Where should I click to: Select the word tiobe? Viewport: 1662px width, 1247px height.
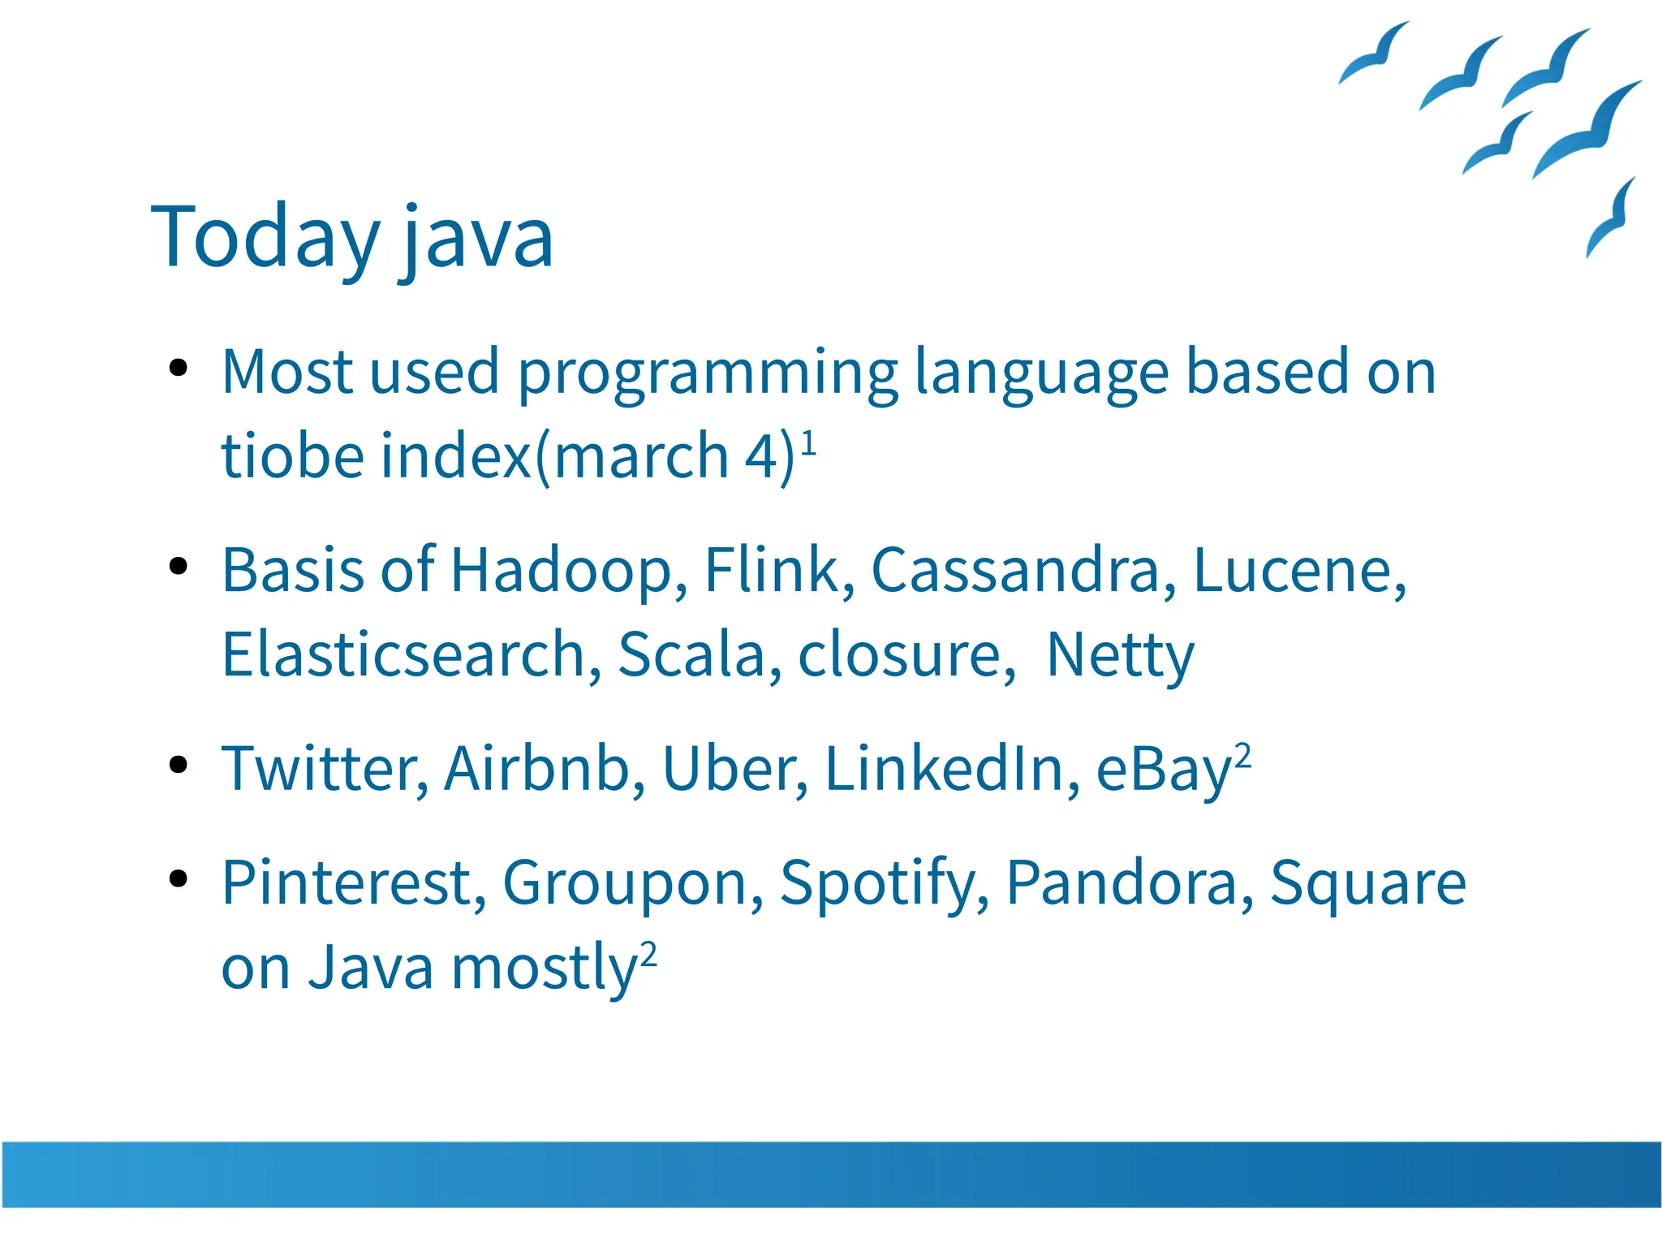[292, 456]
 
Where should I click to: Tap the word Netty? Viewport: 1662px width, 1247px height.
[1120, 655]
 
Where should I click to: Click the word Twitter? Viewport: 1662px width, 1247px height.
[324, 769]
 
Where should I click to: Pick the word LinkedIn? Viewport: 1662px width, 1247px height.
[952, 769]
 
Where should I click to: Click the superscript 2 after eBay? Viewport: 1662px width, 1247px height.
[1242, 755]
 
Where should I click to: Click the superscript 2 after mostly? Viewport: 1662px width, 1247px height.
[648, 954]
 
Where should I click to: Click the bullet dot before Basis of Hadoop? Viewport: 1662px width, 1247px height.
[179, 566]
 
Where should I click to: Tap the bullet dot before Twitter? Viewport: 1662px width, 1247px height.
[179, 764]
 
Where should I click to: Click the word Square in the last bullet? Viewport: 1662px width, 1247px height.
[1368, 883]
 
